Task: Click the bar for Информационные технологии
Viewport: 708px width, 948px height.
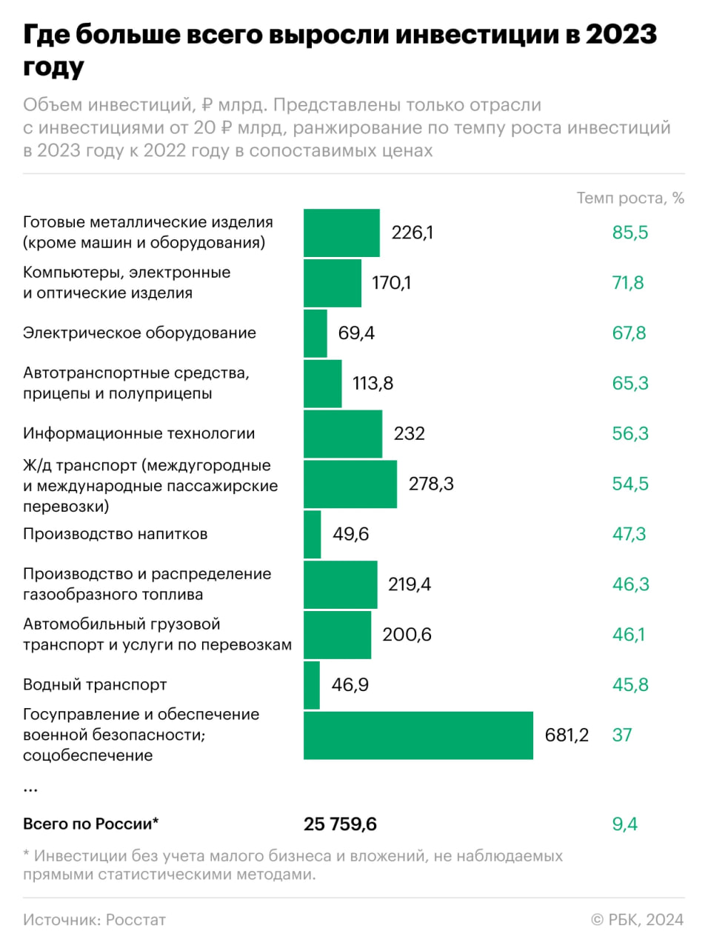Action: tap(343, 433)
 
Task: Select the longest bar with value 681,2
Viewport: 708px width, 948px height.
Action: tap(418, 735)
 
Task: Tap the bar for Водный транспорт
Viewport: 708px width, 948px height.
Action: tap(312, 685)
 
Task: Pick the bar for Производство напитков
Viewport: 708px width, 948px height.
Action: tap(313, 534)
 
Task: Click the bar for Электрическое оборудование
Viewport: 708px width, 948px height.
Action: tap(315, 333)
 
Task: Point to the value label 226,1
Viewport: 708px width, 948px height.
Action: tap(413, 233)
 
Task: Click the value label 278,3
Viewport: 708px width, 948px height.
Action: tap(431, 484)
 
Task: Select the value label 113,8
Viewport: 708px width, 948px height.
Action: tap(373, 384)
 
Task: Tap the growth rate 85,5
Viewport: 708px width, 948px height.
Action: tap(629, 233)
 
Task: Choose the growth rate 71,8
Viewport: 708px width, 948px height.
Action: tap(627, 283)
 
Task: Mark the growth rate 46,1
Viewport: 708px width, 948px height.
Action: tap(628, 635)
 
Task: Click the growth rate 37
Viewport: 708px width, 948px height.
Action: tap(621, 735)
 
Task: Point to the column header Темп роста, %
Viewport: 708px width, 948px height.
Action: tap(630, 198)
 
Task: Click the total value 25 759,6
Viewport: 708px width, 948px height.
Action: tap(340, 824)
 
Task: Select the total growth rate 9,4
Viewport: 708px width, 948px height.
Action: tap(624, 824)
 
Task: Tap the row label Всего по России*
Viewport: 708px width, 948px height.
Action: tap(90, 824)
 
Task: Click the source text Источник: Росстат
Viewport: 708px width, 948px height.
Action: tap(94, 920)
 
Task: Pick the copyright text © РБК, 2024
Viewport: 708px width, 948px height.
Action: tap(637, 920)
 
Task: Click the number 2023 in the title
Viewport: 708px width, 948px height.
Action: tap(621, 35)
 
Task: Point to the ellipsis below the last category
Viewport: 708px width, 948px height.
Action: tap(30, 790)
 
